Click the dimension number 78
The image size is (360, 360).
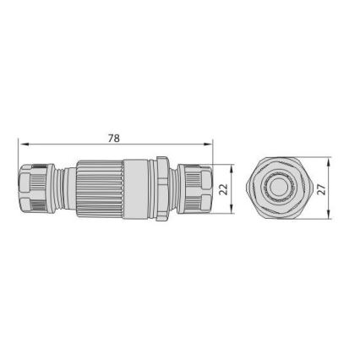(x=114, y=138)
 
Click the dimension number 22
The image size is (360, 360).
(x=223, y=190)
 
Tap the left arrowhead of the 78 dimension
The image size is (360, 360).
(x=20, y=144)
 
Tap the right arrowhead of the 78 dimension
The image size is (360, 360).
(x=211, y=144)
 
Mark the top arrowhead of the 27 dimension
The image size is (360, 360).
(x=326, y=160)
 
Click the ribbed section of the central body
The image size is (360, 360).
(x=100, y=189)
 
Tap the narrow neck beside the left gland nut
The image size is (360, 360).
(x=59, y=189)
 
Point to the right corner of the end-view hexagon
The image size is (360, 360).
(x=307, y=188)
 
